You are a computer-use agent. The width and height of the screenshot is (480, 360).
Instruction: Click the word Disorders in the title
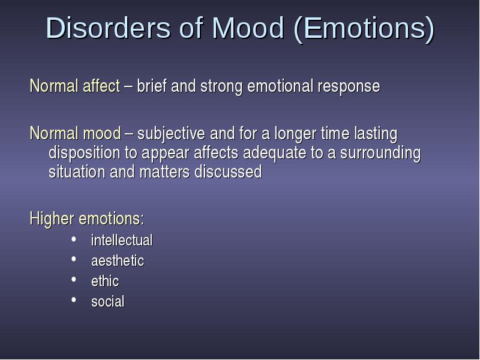[x=108, y=28]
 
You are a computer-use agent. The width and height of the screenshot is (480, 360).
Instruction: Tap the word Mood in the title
[x=248, y=28]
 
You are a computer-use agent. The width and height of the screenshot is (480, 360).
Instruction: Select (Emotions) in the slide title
[x=364, y=29]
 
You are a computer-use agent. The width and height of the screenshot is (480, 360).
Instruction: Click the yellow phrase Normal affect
[x=74, y=86]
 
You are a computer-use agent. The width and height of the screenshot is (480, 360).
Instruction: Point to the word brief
[x=152, y=86]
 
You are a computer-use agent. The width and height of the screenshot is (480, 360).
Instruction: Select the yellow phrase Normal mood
[x=76, y=133]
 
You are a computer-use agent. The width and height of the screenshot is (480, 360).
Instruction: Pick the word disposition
[x=84, y=153]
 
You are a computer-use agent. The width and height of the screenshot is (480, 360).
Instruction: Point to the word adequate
[x=275, y=153]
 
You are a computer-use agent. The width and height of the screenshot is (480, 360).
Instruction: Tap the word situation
[x=77, y=172]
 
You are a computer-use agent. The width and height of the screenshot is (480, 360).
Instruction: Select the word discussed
[x=229, y=172]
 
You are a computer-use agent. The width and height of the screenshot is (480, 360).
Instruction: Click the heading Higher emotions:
[x=86, y=218]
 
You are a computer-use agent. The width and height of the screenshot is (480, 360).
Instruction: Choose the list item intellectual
[x=122, y=240]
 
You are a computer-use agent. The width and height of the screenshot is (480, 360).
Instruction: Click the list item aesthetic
[x=118, y=260]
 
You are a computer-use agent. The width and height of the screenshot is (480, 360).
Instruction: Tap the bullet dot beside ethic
[x=73, y=279]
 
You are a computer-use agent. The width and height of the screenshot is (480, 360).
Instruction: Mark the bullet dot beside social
[x=73, y=299]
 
